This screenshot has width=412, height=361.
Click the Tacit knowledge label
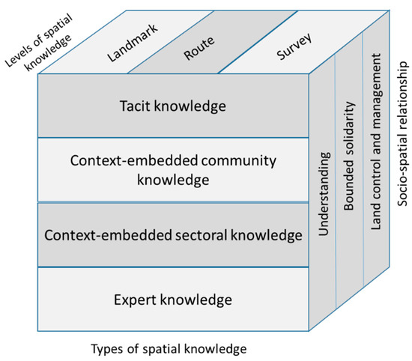172,106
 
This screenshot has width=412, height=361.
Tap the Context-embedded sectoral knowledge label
172,235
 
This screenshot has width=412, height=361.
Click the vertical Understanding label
324,195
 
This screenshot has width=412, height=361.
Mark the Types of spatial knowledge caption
169,349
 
